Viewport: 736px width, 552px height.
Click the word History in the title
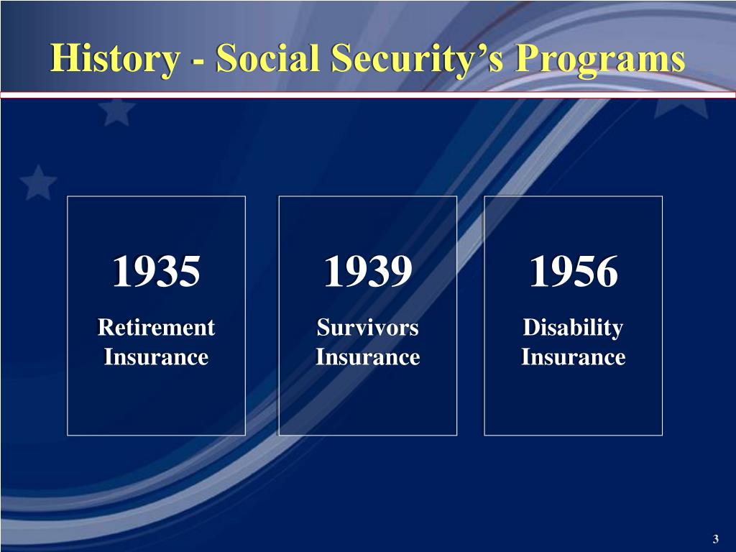point(114,58)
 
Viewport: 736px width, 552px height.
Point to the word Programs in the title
point(600,58)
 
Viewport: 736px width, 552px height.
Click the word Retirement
point(156,328)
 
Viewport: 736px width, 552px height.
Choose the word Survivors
point(367,328)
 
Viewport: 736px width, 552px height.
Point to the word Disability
point(573,328)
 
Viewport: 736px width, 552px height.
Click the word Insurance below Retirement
point(156,356)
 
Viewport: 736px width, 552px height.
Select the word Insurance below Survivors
point(367,356)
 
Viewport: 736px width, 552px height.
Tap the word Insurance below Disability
point(573,356)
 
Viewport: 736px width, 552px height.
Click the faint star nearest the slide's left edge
point(38,183)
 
